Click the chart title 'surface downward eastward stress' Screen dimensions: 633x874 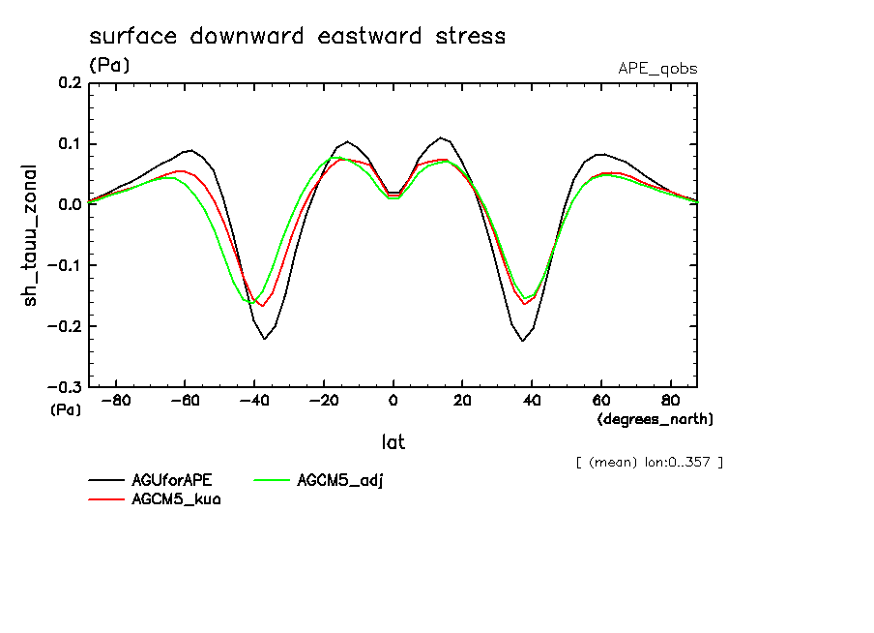point(297,37)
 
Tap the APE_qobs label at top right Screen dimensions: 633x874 point(657,69)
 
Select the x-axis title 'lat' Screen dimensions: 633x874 point(393,442)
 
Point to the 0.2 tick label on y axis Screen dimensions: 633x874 point(70,84)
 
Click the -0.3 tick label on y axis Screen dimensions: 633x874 point(66,386)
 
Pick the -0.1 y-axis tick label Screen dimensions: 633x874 point(66,265)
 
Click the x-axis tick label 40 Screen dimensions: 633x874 point(532,401)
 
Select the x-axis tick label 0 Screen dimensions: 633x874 point(393,401)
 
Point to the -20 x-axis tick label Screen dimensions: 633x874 point(323,401)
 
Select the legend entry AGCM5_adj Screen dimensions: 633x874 point(340,481)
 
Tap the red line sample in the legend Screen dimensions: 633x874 point(106,499)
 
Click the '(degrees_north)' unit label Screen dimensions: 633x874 point(655,419)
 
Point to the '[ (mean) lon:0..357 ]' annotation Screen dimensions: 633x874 point(649,462)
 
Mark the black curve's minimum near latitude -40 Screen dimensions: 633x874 point(265,339)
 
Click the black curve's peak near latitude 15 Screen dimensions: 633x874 point(441,137)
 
